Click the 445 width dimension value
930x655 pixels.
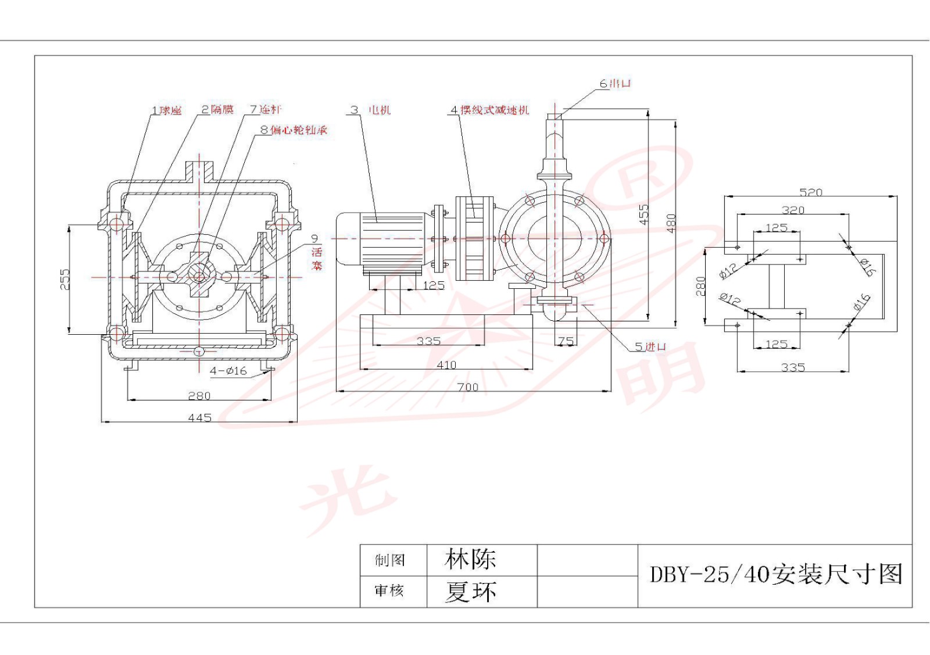point(199,417)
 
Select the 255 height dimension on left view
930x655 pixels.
point(65,279)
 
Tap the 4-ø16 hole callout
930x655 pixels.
point(228,370)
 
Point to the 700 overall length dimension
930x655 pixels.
point(467,387)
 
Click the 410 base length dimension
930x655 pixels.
point(446,365)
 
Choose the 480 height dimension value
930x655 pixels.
point(671,223)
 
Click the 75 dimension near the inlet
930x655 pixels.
point(566,342)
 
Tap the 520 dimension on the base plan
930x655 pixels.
point(810,192)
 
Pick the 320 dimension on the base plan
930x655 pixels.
point(793,210)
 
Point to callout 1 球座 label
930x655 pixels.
point(167,110)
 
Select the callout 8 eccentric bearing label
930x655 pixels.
point(294,130)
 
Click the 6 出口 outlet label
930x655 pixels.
point(615,84)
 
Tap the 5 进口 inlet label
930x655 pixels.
point(650,346)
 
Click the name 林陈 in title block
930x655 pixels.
point(470,559)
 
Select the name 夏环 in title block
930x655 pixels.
point(470,592)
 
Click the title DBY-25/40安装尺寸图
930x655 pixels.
point(775,574)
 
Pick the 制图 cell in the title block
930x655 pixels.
point(390,560)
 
